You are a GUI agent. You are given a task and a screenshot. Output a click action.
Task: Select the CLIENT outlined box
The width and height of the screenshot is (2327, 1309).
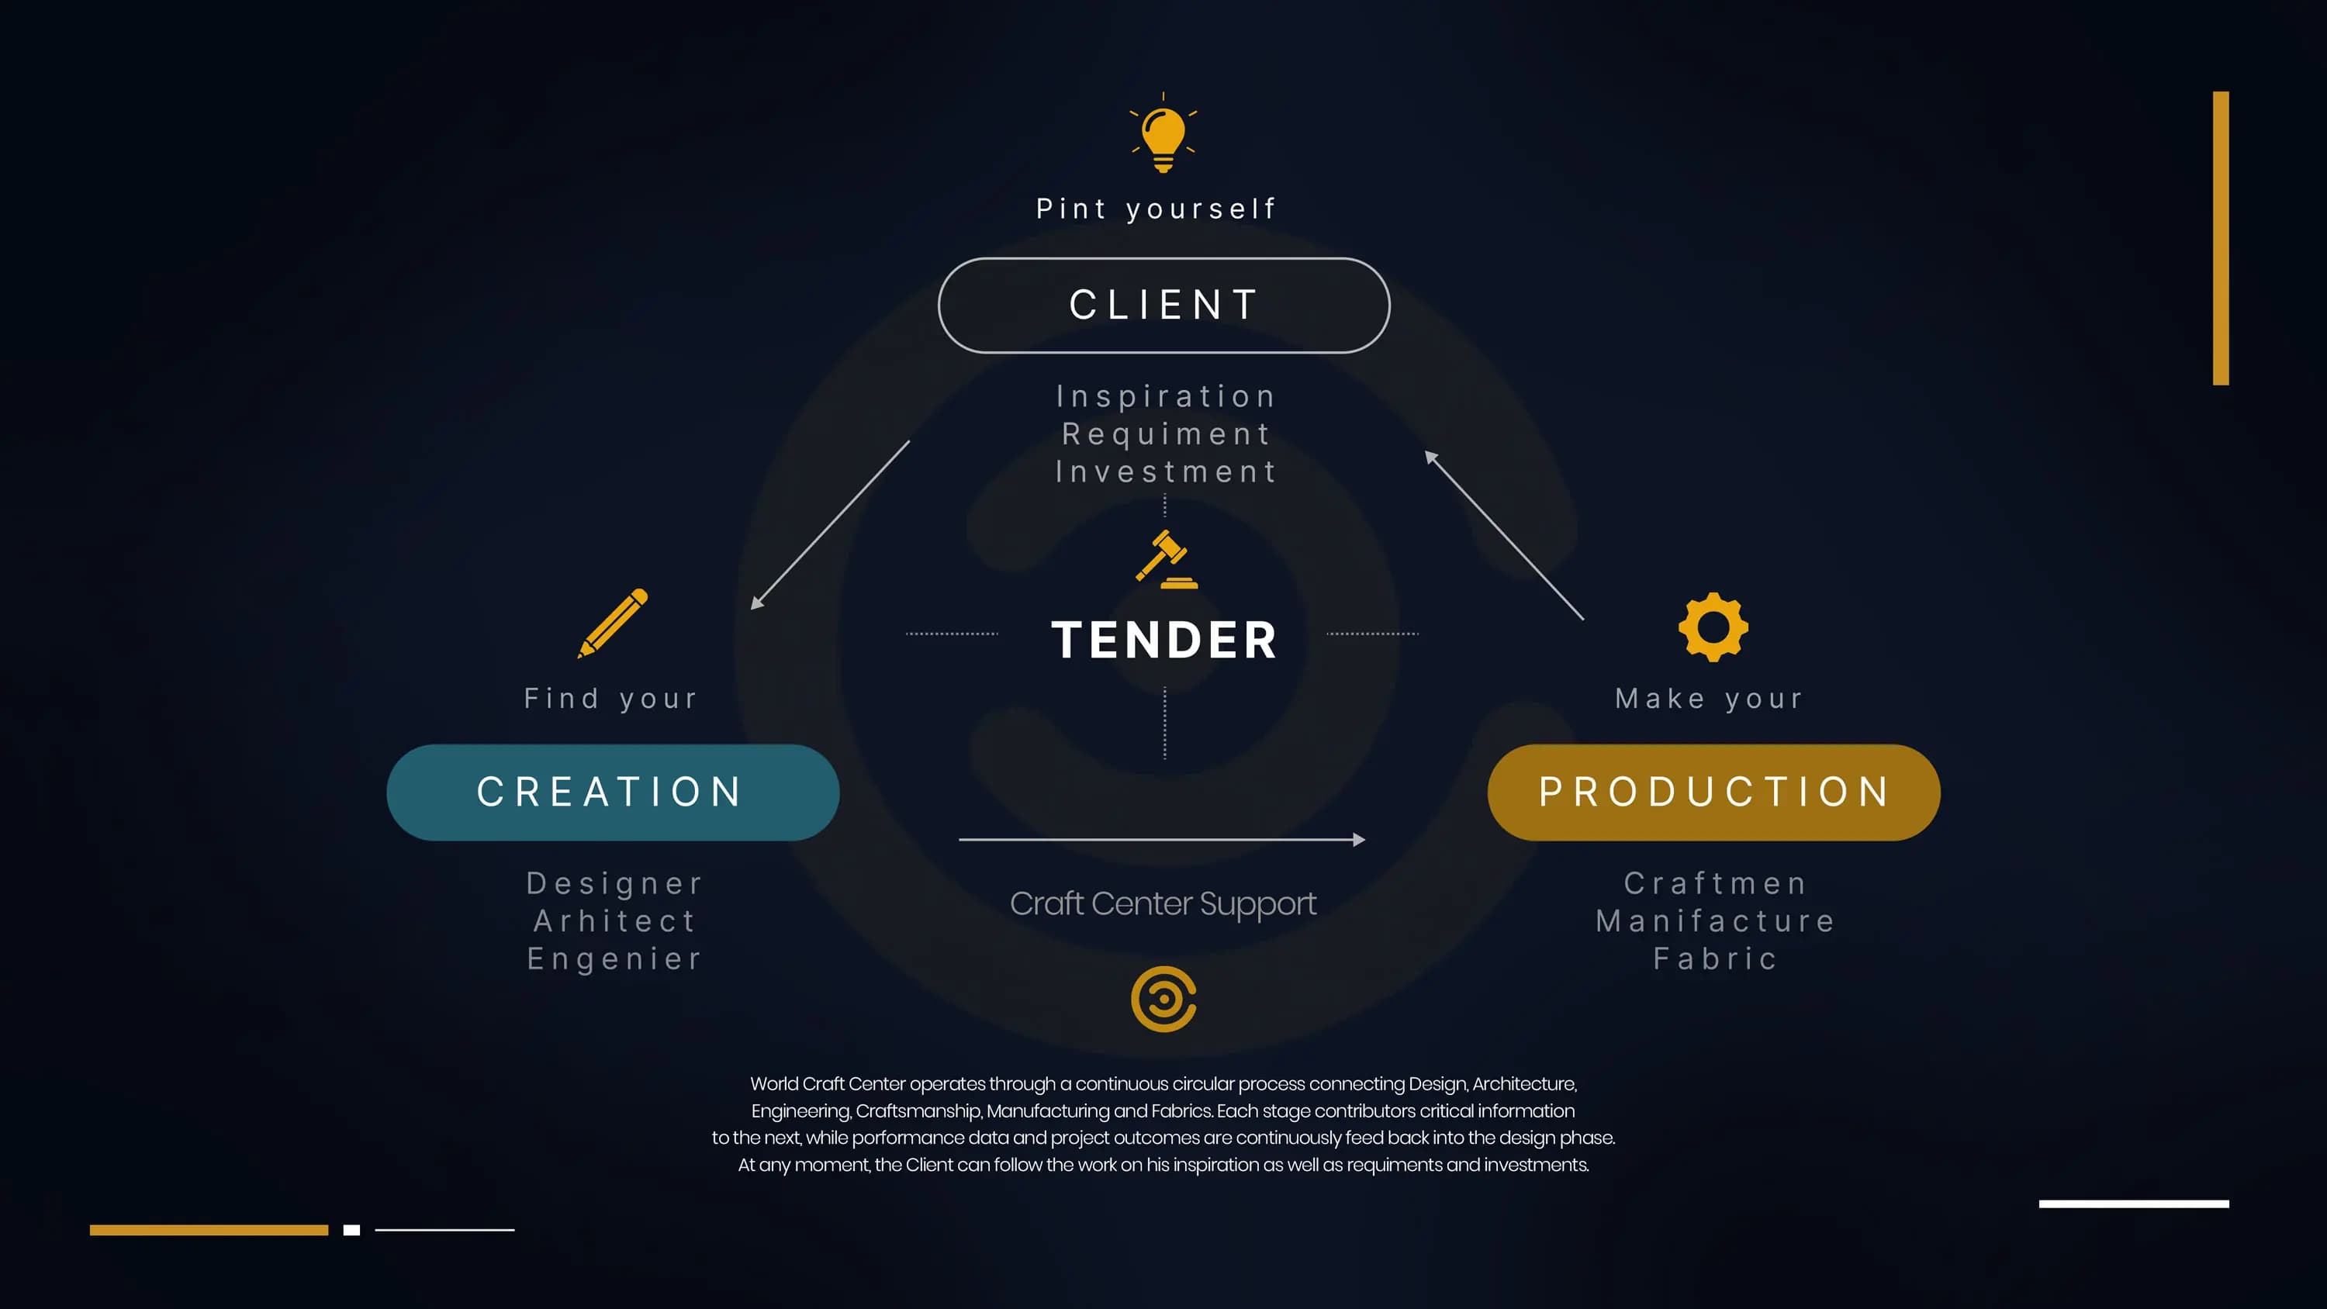pos(1163,306)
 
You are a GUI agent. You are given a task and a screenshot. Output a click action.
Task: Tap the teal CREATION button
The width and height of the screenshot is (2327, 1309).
pos(613,793)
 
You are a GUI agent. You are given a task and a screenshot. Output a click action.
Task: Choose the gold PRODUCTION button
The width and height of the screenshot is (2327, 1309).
pos(1713,793)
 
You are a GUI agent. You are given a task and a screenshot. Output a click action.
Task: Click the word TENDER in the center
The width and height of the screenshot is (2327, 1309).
pos(1164,640)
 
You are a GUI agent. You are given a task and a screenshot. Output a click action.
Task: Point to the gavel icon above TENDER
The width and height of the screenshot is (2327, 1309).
pos(1166,559)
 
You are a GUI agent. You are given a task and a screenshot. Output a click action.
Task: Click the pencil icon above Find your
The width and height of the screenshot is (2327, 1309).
pos(614,623)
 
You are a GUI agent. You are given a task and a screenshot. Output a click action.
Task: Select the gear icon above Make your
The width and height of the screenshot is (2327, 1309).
pos(1713,627)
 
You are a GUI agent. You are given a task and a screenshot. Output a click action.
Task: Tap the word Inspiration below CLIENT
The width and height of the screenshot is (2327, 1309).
pos(1166,396)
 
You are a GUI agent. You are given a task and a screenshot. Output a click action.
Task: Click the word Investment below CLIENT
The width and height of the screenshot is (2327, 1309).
pos(1166,471)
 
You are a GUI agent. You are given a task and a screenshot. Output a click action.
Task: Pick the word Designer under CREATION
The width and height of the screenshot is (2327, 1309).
pos(614,883)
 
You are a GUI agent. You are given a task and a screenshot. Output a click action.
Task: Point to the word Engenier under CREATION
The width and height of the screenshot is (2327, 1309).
pos(614,958)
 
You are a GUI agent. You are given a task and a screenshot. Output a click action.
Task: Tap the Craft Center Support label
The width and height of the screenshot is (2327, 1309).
pos(1163,903)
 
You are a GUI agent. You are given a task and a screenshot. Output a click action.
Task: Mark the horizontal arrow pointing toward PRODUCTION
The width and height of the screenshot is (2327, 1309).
pos(1162,840)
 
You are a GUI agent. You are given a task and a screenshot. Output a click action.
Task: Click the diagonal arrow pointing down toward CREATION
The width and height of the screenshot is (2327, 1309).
pos(830,526)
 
